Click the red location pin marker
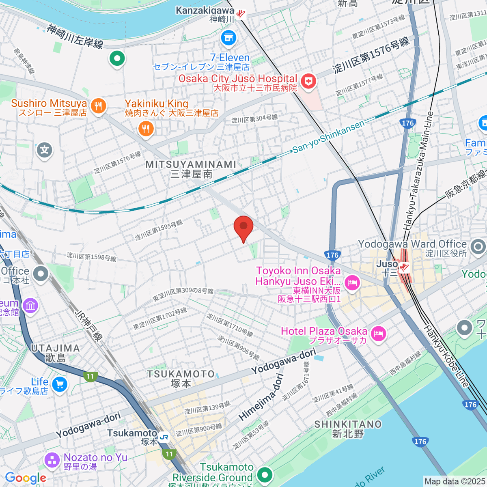243,228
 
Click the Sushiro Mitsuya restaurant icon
98,107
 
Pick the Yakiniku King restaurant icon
145,129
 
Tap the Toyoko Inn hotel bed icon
351,282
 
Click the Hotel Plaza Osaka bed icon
378,334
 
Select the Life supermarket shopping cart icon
60,384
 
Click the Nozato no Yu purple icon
52,460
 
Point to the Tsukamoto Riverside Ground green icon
265,474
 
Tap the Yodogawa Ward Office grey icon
478,246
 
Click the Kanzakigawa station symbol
241,14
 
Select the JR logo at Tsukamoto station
164,437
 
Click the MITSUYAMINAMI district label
191,164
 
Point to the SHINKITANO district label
348,425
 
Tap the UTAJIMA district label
56,348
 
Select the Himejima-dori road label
261,397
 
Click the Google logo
26,478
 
